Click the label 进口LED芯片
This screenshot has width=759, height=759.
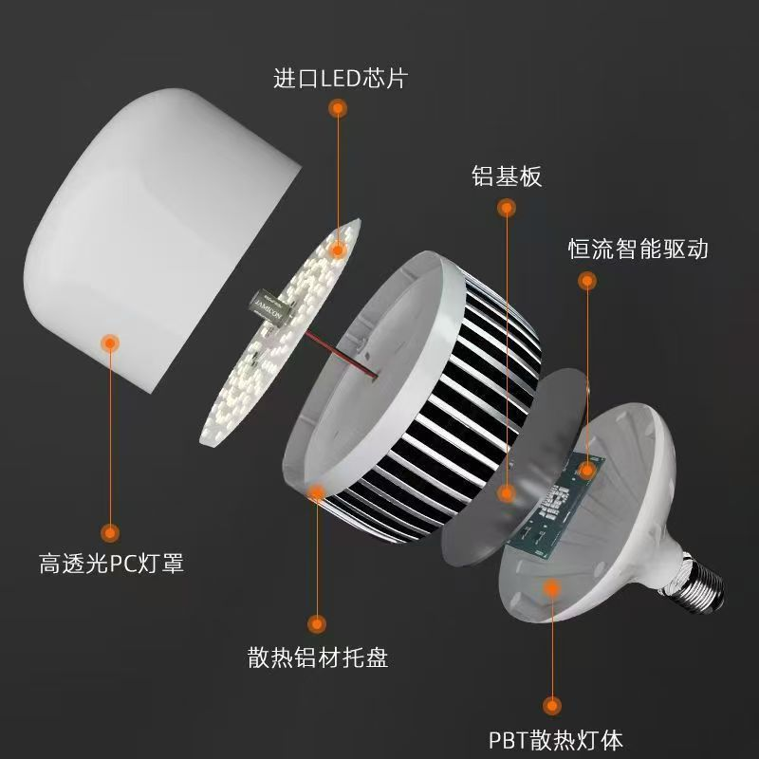pyautogui.click(x=339, y=78)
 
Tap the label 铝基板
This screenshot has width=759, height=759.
pyautogui.click(x=507, y=176)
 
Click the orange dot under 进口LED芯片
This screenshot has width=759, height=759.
pyautogui.click(x=337, y=110)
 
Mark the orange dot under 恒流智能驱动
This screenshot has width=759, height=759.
pyautogui.click(x=588, y=281)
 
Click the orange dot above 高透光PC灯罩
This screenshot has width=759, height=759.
pyautogui.click(x=111, y=532)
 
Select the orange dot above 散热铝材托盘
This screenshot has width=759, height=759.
pyautogui.click(x=316, y=622)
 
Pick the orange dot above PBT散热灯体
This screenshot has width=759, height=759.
pyautogui.click(x=551, y=705)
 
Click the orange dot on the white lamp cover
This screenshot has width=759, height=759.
pyautogui.click(x=110, y=342)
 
